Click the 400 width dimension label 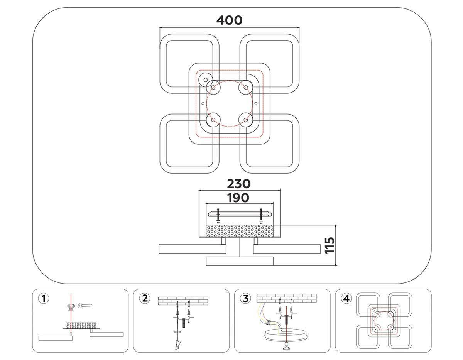click(x=229, y=20)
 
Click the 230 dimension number click(x=238, y=184)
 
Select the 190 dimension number click(x=238, y=198)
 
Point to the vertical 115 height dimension click(x=329, y=245)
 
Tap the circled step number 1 click(x=44, y=298)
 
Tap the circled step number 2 click(x=145, y=298)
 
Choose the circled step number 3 click(x=246, y=298)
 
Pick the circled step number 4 click(x=347, y=298)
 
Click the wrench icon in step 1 click(x=85, y=306)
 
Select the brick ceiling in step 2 click(x=183, y=300)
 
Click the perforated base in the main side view click(x=240, y=231)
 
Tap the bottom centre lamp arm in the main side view click(x=240, y=261)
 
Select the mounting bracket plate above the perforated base click(x=240, y=214)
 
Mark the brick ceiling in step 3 click(x=286, y=297)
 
